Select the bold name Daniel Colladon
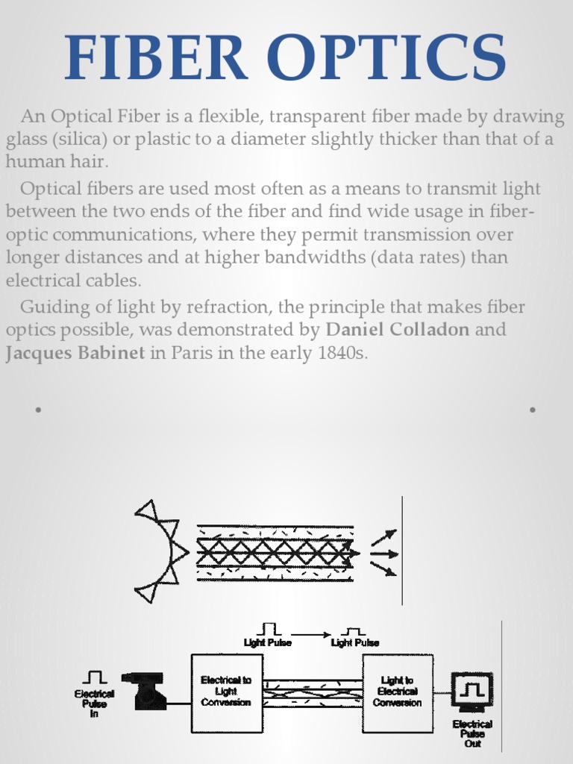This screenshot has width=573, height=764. coord(398,330)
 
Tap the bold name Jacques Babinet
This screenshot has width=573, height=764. coord(75,353)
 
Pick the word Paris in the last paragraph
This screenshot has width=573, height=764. coord(192,353)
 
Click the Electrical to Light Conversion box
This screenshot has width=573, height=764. coord(227,692)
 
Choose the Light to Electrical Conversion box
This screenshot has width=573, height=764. coord(398,692)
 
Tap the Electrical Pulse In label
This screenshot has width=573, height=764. coord(94,703)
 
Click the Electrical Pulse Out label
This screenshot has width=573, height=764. coord(472,733)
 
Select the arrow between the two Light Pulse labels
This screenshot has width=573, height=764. coord(310,635)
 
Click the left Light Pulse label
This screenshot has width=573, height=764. coord(268,642)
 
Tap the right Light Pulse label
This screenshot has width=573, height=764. coord(354,642)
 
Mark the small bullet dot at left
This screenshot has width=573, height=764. coord(37,410)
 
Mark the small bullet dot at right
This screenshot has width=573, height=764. coord(533,410)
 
